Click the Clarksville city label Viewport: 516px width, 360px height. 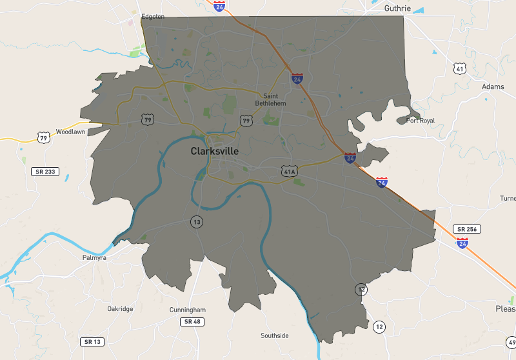[x=214, y=151]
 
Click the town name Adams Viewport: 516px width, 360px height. [x=493, y=86]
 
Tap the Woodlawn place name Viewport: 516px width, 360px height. [x=70, y=132]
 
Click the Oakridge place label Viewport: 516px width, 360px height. [x=120, y=309]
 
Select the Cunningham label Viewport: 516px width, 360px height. [x=187, y=310]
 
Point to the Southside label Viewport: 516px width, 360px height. [x=274, y=335]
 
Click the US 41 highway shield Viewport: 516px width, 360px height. [x=459, y=68]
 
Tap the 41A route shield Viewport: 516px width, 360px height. [x=289, y=171]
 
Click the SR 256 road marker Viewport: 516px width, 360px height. [x=467, y=229]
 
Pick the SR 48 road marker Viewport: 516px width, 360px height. [x=192, y=321]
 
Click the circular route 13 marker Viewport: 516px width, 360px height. [x=196, y=222]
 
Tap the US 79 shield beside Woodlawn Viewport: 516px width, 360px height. [x=44, y=137]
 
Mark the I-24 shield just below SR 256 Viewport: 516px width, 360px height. [x=462, y=243]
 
